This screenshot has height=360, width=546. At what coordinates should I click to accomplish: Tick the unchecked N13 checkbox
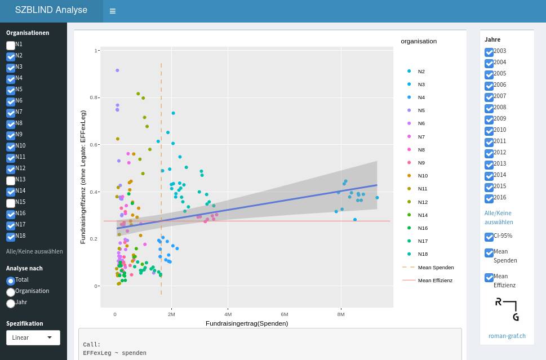tap(11, 180)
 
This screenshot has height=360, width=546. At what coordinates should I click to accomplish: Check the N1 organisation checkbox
tap(11, 45)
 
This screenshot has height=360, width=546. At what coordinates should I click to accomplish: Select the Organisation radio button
tap(10, 292)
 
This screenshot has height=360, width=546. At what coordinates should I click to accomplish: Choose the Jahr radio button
tap(10, 303)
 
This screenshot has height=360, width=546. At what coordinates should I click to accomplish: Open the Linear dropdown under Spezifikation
tap(33, 337)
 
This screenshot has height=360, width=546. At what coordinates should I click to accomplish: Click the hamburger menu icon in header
tap(113, 11)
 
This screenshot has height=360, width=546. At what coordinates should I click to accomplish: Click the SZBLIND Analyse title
tap(51, 10)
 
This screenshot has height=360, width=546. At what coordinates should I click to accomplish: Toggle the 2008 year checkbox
tap(489, 108)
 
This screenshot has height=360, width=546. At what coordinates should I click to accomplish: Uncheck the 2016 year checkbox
tap(489, 198)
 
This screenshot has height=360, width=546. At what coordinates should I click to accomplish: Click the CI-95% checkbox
tap(489, 237)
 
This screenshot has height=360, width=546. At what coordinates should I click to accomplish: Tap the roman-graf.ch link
tap(507, 336)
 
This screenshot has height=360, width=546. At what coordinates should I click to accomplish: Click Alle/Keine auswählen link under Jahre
tap(499, 217)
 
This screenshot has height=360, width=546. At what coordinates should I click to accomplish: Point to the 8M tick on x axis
tap(341, 314)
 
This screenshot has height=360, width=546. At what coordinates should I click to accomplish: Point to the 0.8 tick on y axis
tap(94, 97)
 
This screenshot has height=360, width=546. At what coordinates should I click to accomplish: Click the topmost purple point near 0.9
tap(117, 70)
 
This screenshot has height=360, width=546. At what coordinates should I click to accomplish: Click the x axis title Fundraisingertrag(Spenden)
tap(246, 323)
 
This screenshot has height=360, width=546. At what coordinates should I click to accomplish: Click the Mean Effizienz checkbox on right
tap(489, 277)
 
